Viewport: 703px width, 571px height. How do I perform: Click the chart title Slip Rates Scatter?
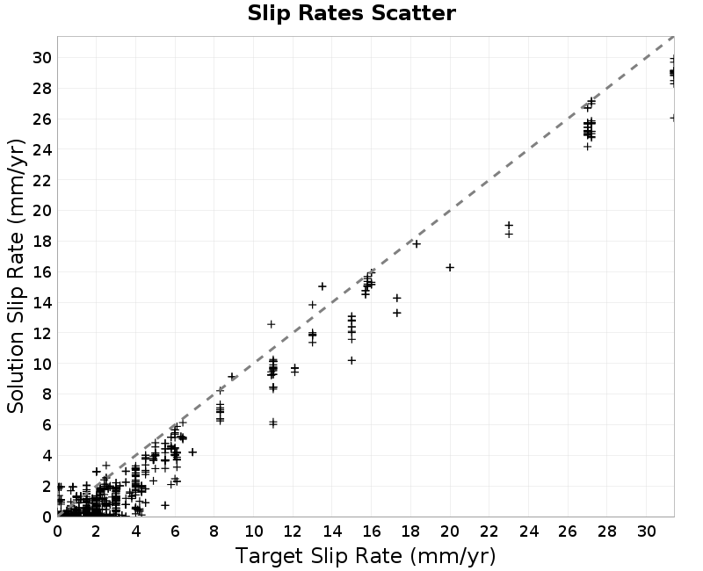[351, 13]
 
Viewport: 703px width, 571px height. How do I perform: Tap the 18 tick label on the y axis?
[42, 241]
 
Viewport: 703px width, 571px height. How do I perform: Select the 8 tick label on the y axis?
[47, 394]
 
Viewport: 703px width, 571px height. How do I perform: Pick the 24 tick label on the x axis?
[528, 531]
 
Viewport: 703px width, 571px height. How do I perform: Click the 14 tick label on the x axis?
[332, 531]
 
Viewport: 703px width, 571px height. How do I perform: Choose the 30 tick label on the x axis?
[646, 531]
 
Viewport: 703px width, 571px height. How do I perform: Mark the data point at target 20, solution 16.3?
[450, 268]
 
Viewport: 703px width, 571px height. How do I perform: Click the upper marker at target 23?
[509, 225]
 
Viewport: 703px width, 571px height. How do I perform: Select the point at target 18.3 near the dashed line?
[417, 244]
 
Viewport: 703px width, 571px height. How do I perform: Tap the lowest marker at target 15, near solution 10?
[351, 360]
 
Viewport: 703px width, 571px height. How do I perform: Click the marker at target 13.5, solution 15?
[322, 286]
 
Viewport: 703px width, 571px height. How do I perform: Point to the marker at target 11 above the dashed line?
[271, 324]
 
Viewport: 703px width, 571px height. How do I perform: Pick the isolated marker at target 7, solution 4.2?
[192, 452]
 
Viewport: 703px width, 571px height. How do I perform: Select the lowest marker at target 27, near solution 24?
[587, 147]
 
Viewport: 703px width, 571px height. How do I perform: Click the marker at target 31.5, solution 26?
[673, 118]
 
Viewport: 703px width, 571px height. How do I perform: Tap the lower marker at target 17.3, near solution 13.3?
[397, 313]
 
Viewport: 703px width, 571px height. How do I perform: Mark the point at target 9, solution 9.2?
[232, 377]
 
